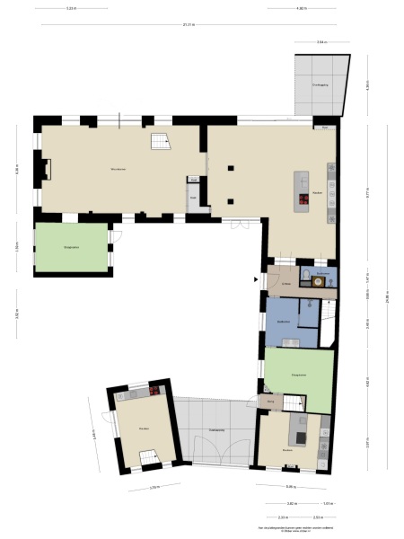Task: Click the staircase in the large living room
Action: pos(161,143)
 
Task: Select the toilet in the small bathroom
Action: pos(307,274)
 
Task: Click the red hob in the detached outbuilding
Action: pos(154,391)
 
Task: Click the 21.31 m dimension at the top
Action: pos(186,24)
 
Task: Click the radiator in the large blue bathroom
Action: pos(292,340)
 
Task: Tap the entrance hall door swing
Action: pos(277,277)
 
